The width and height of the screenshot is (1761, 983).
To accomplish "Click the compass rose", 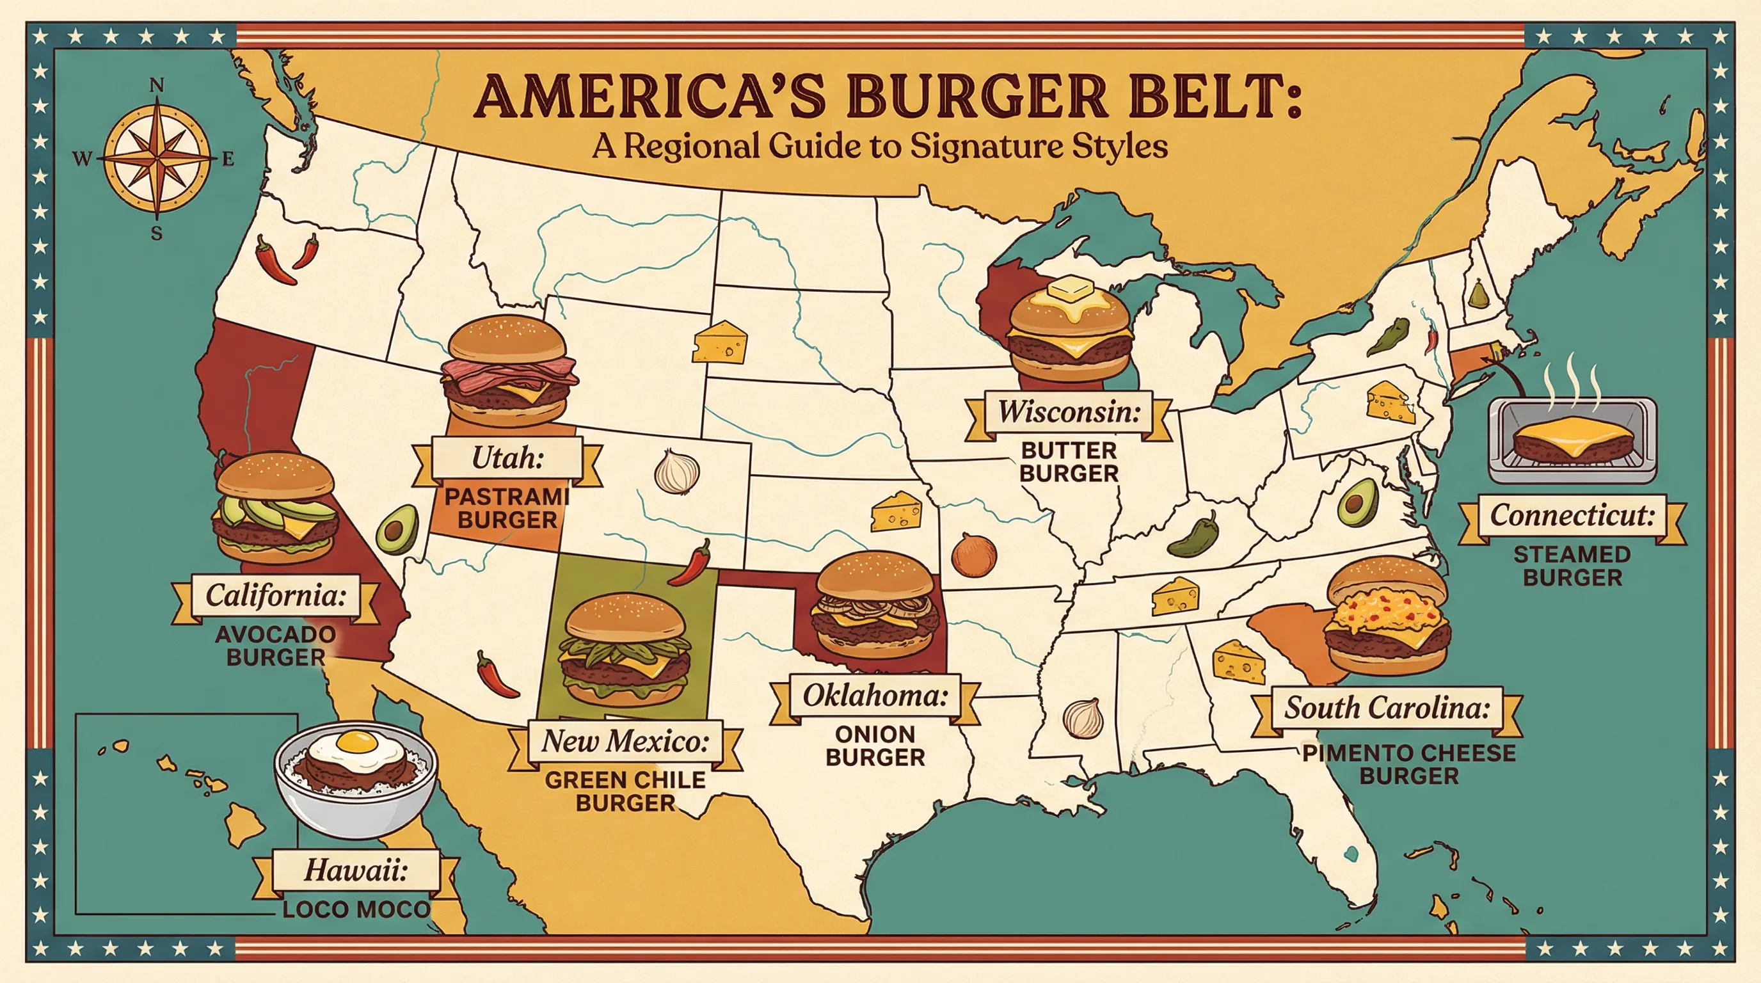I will pos(157,158).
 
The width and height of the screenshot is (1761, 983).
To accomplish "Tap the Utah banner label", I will pos(507,458).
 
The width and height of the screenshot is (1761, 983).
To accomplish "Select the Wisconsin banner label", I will pos(1069,412).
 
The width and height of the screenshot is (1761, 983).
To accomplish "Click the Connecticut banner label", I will pos(1572,515).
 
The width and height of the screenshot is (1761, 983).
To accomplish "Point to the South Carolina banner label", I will pos(1387,708).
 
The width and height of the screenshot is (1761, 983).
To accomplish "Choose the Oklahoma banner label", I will pos(875,696).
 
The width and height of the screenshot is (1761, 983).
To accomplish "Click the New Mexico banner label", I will pos(625,741).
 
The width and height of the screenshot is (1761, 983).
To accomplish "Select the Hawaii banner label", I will pos(356,870).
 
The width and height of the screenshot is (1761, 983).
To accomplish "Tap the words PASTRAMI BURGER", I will pos(507,508).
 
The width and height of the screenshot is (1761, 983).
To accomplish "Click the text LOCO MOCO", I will pos(356,909).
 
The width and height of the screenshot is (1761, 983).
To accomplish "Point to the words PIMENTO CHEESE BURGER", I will pos(1409,764).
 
